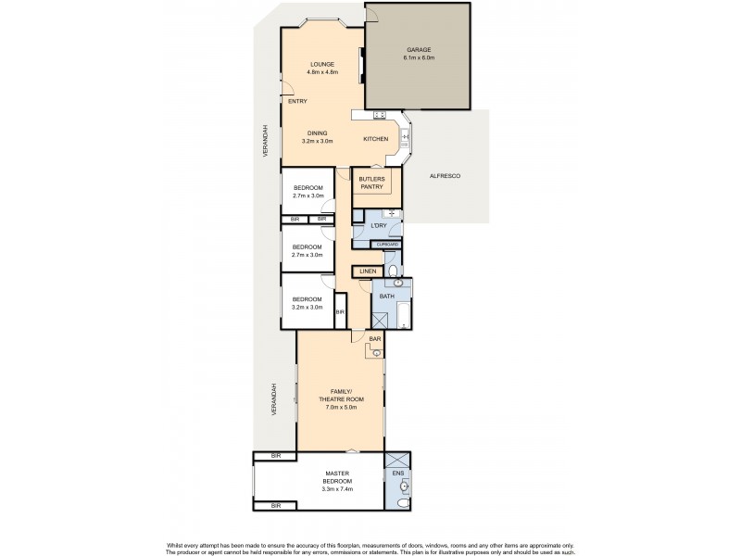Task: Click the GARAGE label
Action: tap(419, 50)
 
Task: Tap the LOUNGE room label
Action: tap(322, 64)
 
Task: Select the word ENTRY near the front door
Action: tap(297, 101)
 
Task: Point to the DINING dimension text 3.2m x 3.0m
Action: tap(322, 141)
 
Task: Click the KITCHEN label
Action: tap(375, 139)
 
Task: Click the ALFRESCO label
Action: tap(446, 175)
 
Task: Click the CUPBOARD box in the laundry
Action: tap(386, 245)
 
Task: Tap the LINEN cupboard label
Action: tap(367, 271)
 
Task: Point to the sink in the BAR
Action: tap(377, 352)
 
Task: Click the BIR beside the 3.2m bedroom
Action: tap(340, 312)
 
